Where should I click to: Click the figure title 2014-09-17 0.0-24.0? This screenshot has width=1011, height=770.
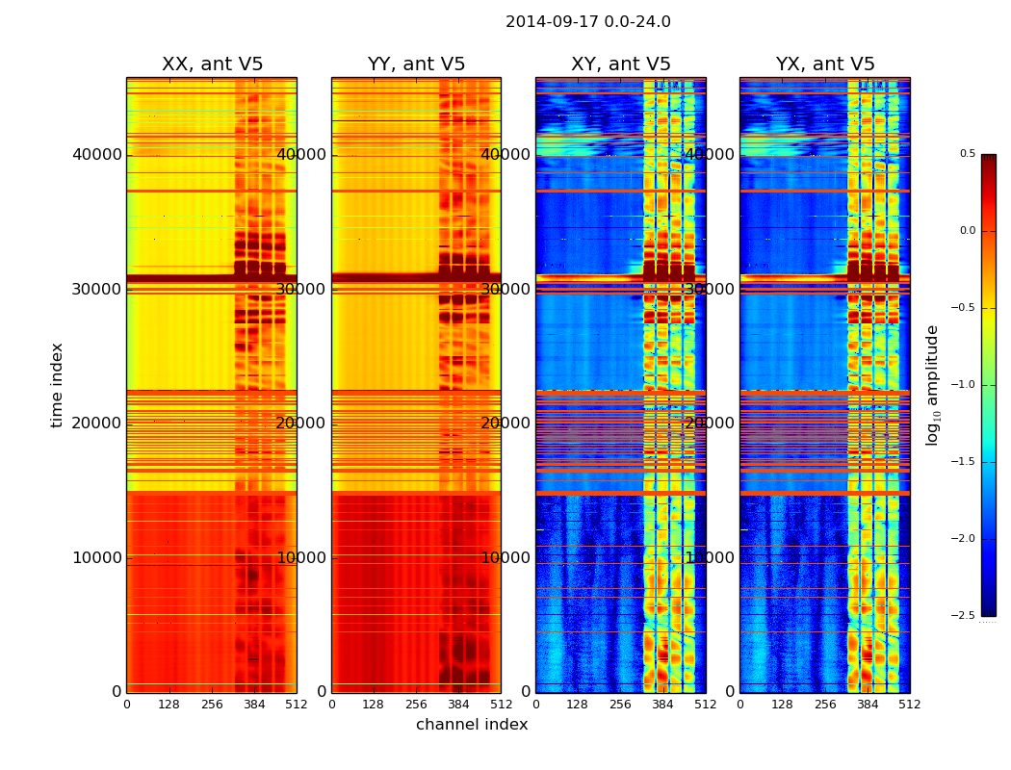587,22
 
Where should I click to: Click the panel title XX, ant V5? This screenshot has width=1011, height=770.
212,64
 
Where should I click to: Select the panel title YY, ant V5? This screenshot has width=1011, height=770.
416,64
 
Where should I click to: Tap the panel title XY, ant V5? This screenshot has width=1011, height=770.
620,64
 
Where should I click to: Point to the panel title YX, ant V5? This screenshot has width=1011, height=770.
825,64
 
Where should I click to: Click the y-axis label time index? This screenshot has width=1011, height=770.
58,385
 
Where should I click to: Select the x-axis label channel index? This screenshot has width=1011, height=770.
472,725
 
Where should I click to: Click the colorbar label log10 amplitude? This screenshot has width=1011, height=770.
932,385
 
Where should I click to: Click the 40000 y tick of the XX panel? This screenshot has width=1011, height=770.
97,154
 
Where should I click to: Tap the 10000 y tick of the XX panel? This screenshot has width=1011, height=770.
97,557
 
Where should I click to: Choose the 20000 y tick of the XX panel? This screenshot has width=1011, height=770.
97,423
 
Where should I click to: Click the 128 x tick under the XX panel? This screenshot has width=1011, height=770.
169,705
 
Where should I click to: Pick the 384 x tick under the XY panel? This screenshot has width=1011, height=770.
662,705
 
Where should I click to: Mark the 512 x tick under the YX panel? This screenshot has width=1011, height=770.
909,705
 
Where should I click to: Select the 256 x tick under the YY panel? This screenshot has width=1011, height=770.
416,705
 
